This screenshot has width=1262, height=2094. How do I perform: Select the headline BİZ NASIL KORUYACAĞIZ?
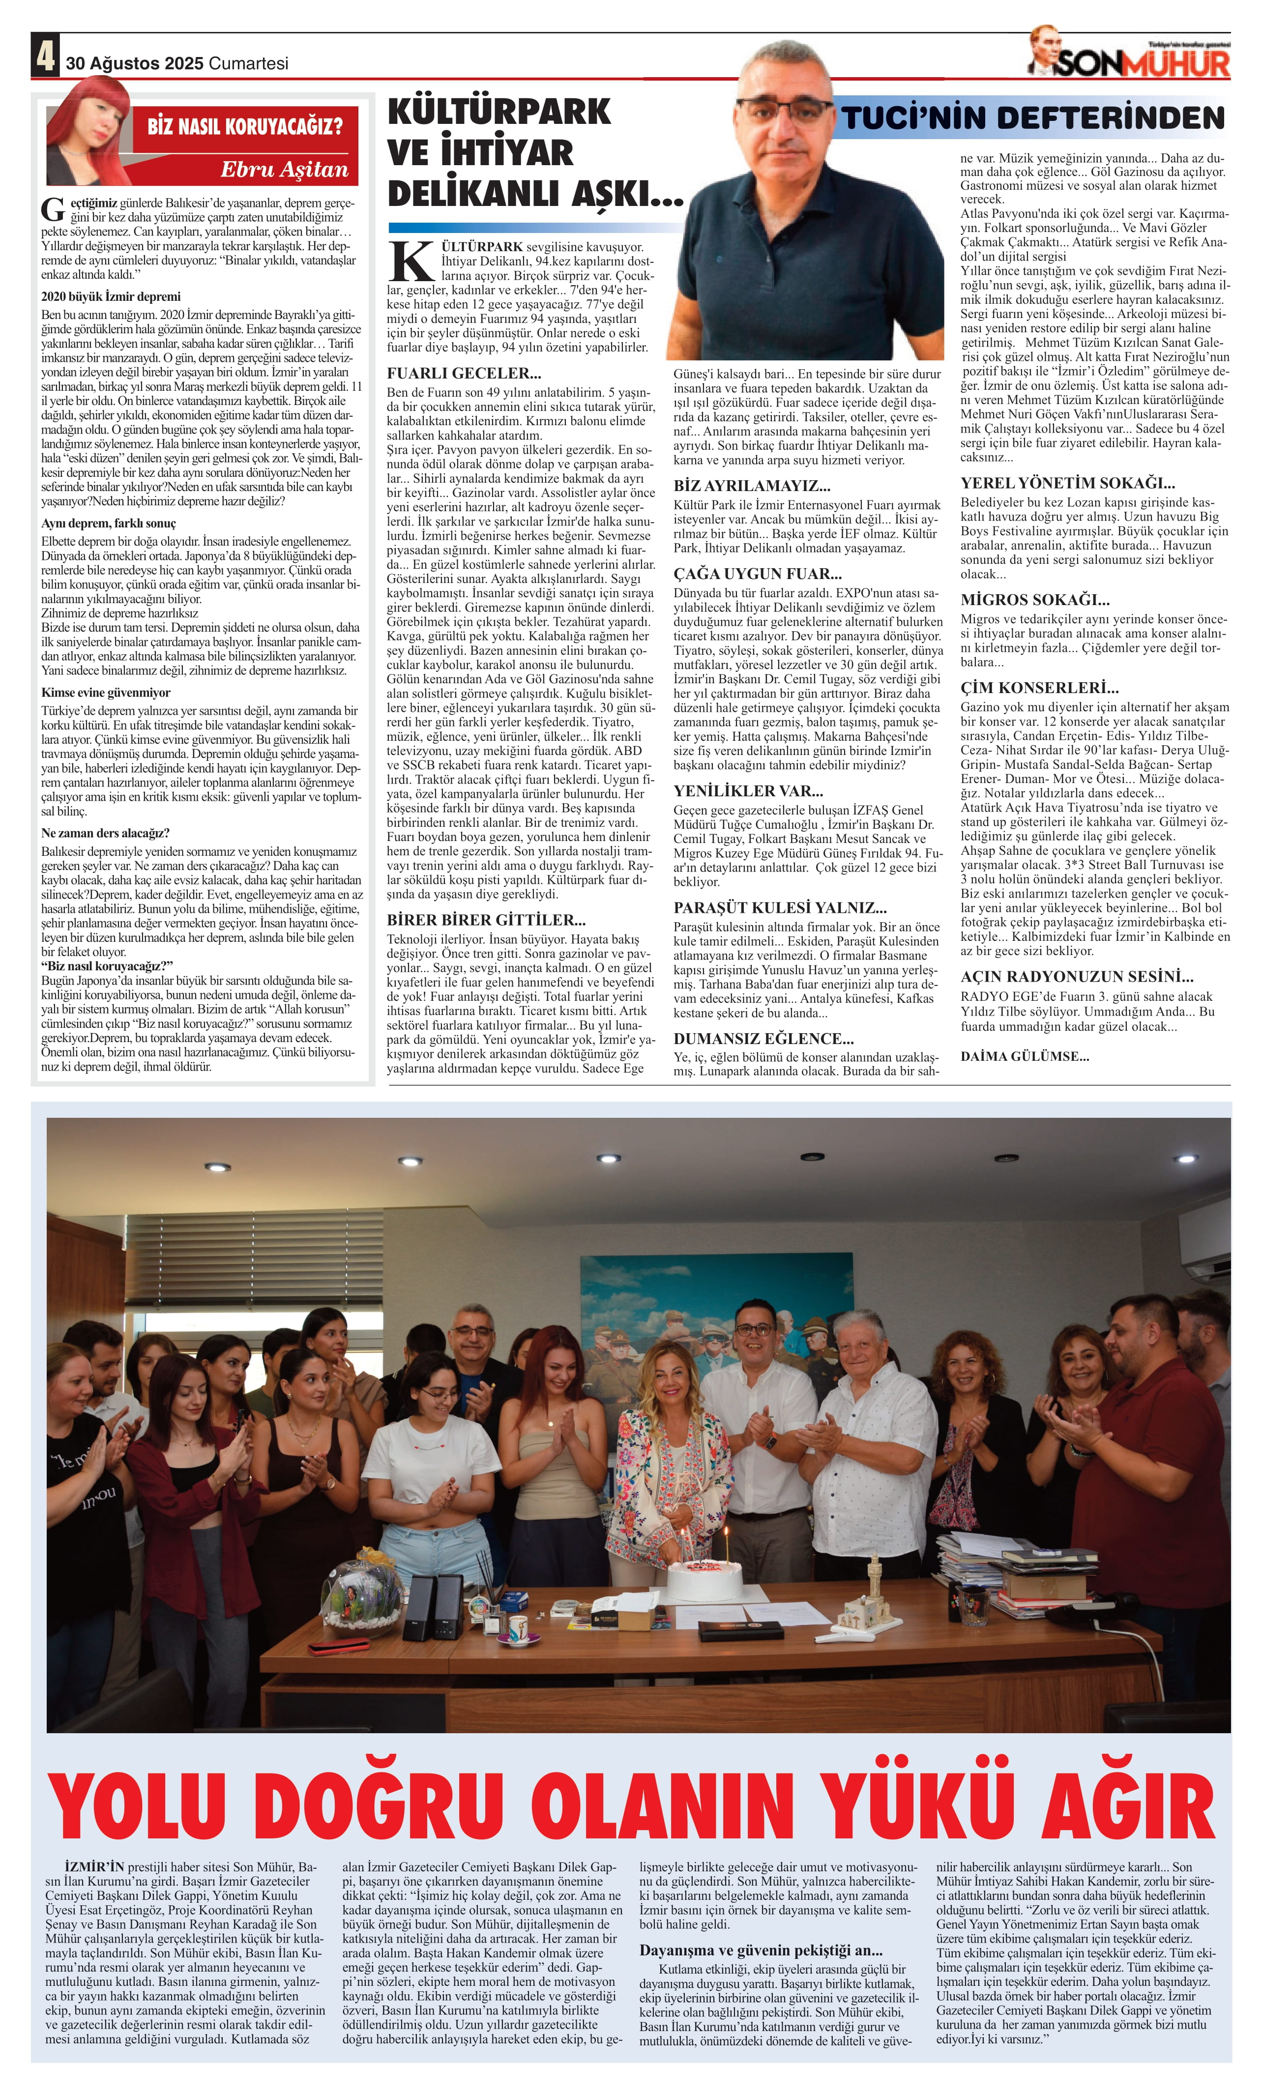coord(245,127)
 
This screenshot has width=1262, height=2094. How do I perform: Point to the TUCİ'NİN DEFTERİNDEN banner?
coord(1032,118)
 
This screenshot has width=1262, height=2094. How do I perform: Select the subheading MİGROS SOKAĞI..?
coord(1034,600)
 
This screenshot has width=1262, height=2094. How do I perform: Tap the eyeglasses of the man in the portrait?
coord(784,109)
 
